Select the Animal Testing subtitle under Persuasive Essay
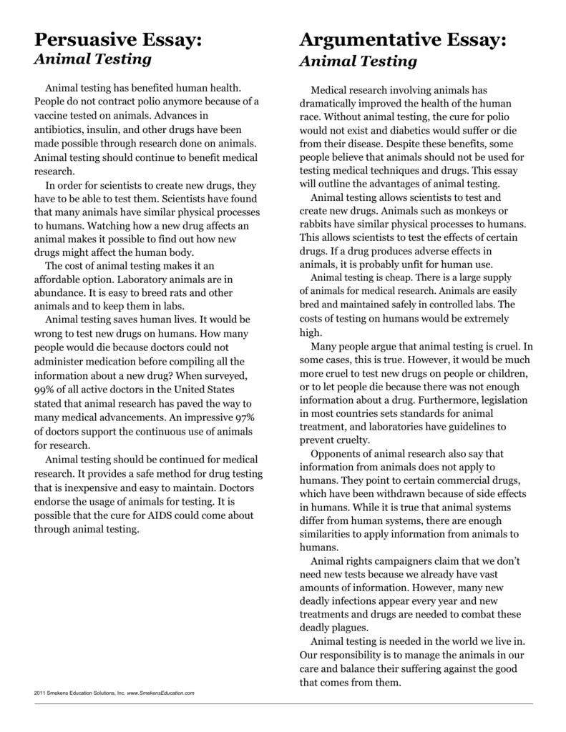[x=93, y=59]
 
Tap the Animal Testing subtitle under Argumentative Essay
[x=358, y=61]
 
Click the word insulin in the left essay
[x=108, y=129]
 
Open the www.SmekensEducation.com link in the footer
[x=161, y=693]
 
